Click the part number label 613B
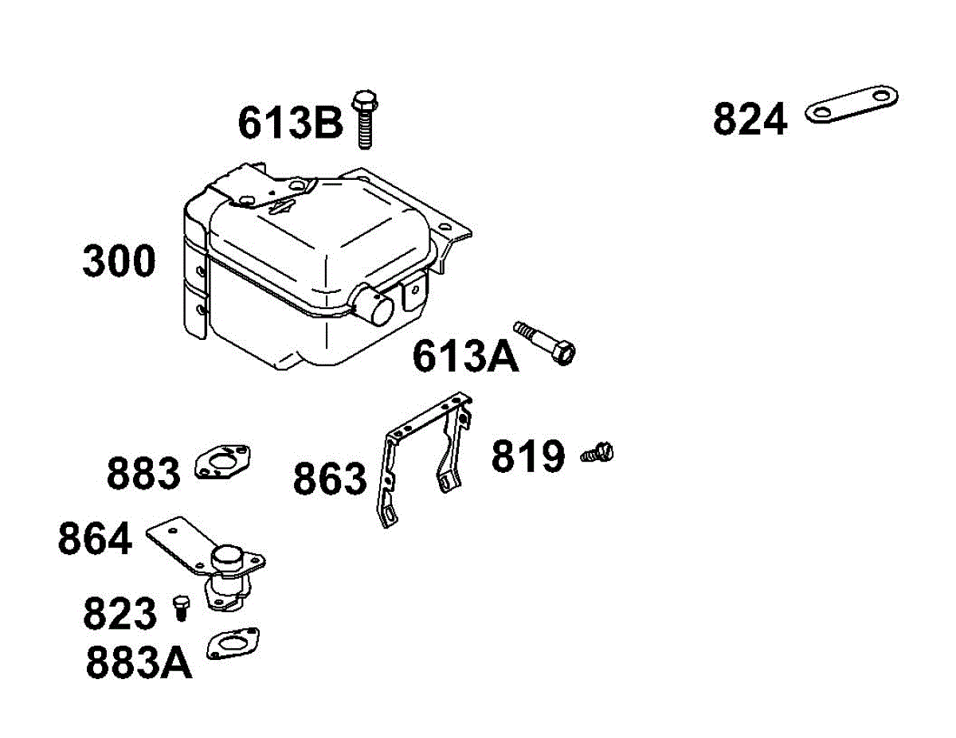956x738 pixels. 291,123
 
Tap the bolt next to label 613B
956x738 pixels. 365,119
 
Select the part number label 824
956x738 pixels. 750,120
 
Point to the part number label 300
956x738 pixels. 119,262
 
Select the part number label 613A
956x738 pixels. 465,356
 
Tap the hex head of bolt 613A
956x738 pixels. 562,352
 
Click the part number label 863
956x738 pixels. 330,480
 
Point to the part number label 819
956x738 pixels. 528,457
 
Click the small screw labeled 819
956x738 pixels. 599,454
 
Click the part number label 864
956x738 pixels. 95,539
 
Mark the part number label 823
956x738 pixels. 120,615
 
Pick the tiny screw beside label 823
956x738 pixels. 181,607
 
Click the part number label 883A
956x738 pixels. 139,664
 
